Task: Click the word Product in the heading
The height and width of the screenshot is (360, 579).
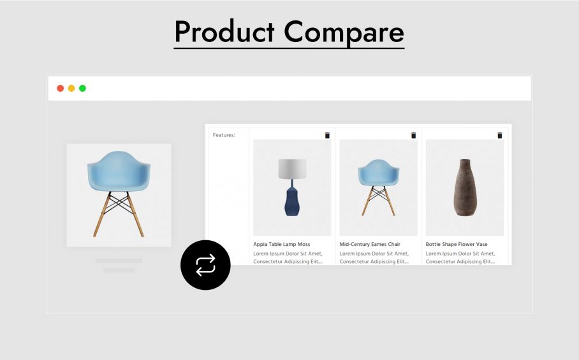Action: [224, 31]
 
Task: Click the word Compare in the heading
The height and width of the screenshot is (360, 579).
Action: [344, 32]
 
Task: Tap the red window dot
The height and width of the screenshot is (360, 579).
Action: [60, 88]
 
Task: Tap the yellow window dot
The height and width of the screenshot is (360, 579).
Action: [71, 88]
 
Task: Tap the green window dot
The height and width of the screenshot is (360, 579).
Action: [82, 88]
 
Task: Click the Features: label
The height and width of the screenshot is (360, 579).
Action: [224, 135]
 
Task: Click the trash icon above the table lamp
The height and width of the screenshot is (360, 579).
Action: [327, 135]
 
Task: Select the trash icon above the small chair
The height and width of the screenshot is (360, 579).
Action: [414, 135]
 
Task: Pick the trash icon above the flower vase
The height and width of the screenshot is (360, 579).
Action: [499, 135]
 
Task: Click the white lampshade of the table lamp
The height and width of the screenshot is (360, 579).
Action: [292, 169]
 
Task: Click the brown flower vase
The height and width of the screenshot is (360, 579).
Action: [465, 187]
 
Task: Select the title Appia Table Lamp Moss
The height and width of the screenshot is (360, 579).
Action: [282, 244]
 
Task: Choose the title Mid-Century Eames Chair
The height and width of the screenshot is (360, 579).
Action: [370, 244]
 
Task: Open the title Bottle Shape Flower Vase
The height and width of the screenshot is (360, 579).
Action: [457, 244]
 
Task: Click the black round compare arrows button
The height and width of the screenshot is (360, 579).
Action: [205, 265]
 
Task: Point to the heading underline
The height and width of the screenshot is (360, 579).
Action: [289, 48]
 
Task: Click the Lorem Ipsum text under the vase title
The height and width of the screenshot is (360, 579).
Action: [460, 257]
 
